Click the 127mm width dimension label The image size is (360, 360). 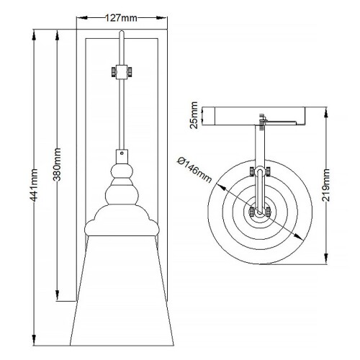[x=121, y=18]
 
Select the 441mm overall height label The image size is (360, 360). [x=34, y=185]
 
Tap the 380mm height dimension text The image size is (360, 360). [x=57, y=164]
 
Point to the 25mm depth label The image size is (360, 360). [x=194, y=115]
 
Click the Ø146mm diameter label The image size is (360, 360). [x=194, y=170]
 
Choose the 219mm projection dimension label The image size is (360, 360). [x=326, y=185]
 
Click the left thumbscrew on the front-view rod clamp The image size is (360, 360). [x=114, y=72]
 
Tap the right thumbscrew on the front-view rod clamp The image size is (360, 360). [x=130, y=72]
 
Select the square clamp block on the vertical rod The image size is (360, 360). [x=122, y=72]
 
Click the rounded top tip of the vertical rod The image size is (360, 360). [x=122, y=32]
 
